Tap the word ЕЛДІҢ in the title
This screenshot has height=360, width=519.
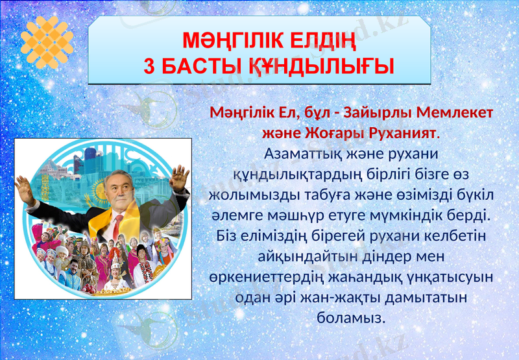322,42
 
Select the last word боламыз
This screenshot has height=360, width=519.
350,317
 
